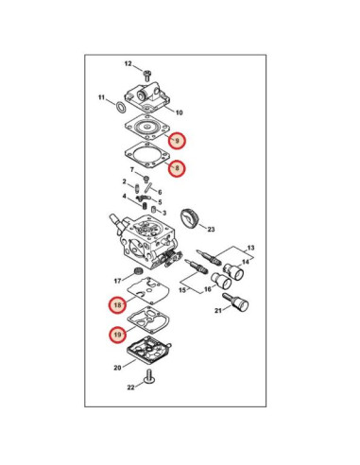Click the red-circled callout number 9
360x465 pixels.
tap(177, 140)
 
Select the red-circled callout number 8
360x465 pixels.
tap(177, 168)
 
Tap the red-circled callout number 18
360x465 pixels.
tap(117, 305)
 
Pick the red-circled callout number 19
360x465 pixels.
tap(117, 335)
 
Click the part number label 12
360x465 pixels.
tap(129, 64)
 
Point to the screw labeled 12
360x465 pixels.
tap(146, 76)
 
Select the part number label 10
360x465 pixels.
tap(179, 112)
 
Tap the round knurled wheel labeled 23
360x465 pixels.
tap(190, 219)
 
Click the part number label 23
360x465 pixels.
tap(211, 230)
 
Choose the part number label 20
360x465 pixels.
tap(117, 368)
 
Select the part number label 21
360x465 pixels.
tap(218, 311)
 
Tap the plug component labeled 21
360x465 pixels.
tap(235, 301)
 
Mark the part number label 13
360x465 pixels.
tap(250, 248)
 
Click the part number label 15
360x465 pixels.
tap(182, 290)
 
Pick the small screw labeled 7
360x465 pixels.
tap(146, 180)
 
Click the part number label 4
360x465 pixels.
tap(125, 197)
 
